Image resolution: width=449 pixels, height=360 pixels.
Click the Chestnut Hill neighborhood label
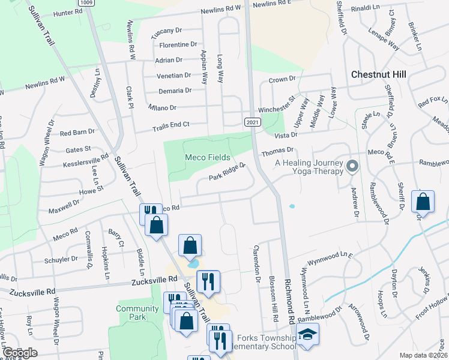pos(378,74)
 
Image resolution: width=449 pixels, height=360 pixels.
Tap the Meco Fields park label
pos(207,157)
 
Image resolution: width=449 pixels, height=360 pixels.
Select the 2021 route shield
pos(252,122)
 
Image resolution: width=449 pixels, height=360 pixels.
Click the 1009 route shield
pos(86,2)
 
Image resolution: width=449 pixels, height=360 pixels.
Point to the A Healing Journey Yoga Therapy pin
pos(352,165)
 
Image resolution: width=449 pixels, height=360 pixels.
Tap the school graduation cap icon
pos(308,335)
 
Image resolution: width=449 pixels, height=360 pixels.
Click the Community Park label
pos(130,313)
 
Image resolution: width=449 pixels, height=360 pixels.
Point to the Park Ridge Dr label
pos(228,172)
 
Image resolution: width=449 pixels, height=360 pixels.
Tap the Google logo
pos(19,353)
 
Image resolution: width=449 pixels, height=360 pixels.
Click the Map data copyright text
pos(421,355)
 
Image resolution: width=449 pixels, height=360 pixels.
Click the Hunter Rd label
pos(67,12)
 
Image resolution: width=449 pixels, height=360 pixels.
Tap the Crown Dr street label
pos(283,79)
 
